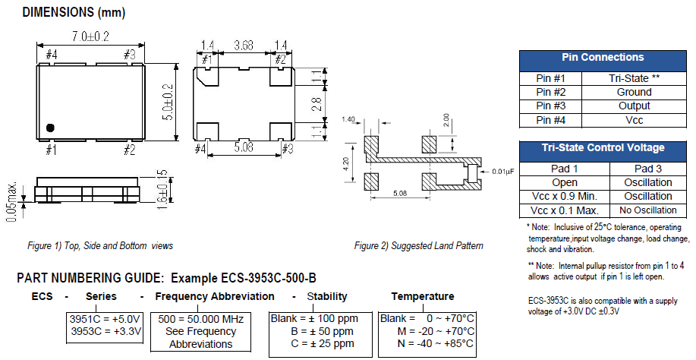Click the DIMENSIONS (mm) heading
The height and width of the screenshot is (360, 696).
coord(74,12)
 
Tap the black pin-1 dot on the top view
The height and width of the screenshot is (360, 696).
coord(49,128)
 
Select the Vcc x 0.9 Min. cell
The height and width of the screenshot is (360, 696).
coord(564,196)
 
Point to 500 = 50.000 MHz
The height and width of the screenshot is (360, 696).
coord(200,319)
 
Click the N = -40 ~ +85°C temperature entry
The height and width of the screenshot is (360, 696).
coord(427,344)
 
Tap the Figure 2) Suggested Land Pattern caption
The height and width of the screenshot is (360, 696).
coord(418,245)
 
